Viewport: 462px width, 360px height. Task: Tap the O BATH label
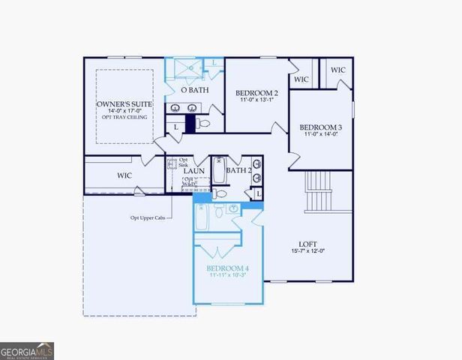click(x=195, y=91)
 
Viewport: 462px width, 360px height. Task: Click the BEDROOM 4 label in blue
click(x=227, y=268)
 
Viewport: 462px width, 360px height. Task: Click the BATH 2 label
click(x=238, y=170)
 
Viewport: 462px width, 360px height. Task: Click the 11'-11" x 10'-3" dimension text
click(x=227, y=276)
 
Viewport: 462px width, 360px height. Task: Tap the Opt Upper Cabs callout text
click(x=145, y=218)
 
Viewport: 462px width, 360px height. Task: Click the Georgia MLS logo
click(x=27, y=350)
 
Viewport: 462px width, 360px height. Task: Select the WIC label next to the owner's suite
click(x=124, y=175)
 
